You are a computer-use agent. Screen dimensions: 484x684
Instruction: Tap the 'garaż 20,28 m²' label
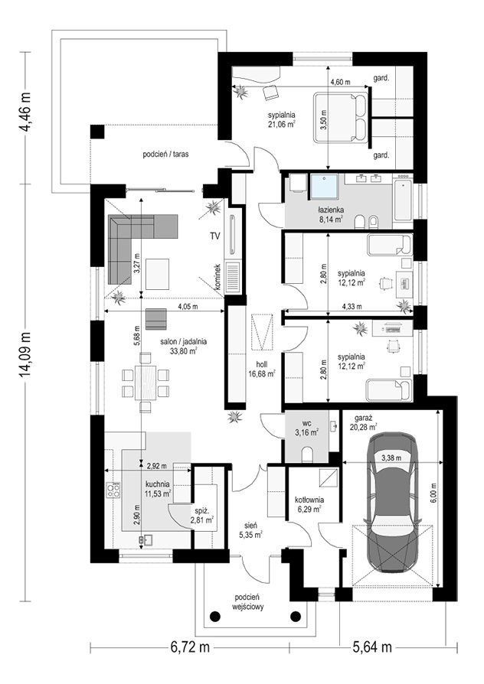tap(363, 422)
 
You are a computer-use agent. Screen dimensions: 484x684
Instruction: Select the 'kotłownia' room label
tap(309, 500)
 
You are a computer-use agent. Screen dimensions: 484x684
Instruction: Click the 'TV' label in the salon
tap(214, 236)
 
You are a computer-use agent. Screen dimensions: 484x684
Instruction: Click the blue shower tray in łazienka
tap(325, 187)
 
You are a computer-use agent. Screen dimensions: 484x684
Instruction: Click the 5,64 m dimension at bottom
tap(371, 647)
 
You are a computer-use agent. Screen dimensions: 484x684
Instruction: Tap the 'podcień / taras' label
tap(165, 154)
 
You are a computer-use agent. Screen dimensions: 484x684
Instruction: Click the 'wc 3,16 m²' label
tap(306, 428)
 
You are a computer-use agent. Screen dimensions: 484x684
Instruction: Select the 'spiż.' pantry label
tap(201, 510)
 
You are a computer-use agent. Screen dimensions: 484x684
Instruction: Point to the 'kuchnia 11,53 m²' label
tap(157, 489)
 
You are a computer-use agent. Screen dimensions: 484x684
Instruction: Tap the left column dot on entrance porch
tap(214, 616)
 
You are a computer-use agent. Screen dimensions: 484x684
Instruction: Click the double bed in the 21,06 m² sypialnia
tap(340, 117)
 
